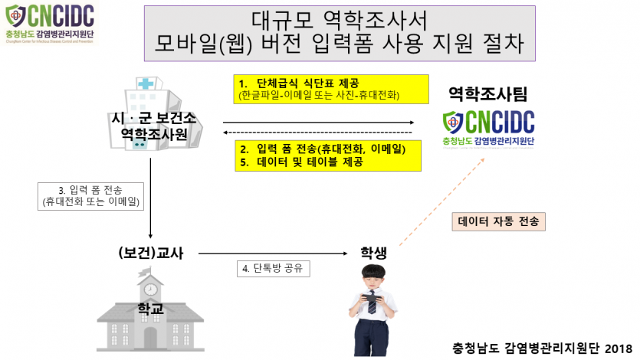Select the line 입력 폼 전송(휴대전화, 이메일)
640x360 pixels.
click(327, 149)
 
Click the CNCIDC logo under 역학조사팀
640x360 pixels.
click(488, 127)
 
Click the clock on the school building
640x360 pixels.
click(150, 290)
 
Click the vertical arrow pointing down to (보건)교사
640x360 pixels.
click(151, 195)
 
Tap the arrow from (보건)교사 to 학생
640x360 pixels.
click(275, 253)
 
